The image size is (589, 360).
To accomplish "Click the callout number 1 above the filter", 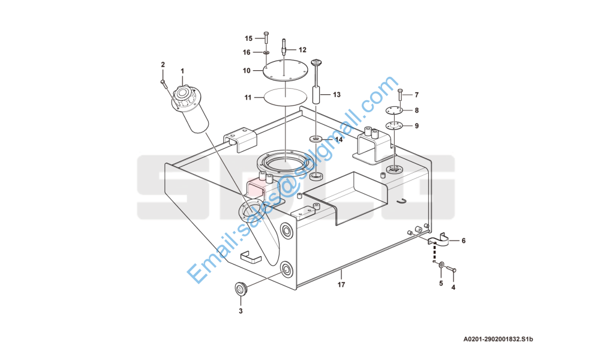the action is click(182, 71).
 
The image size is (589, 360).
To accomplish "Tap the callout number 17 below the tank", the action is click(341, 285).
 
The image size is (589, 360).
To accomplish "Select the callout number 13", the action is click(336, 95).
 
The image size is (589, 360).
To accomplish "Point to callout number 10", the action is click(247, 71).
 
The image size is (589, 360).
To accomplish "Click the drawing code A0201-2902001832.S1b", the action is click(498, 340).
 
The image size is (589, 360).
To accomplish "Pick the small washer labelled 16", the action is click(266, 52).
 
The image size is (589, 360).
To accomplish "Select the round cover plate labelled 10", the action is click(285, 71).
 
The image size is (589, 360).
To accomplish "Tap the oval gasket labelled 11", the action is click(286, 97).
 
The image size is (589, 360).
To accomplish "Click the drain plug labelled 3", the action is click(241, 289).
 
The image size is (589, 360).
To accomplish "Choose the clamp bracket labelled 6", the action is click(438, 240).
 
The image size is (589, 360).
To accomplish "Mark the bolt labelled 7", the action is click(399, 94).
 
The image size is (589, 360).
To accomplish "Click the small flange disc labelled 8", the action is click(394, 110).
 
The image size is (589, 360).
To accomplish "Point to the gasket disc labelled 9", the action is click(394, 125).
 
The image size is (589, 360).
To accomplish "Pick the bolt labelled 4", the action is click(452, 269).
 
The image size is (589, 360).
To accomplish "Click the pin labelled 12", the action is click(284, 47).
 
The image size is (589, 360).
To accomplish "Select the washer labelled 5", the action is click(441, 266).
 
